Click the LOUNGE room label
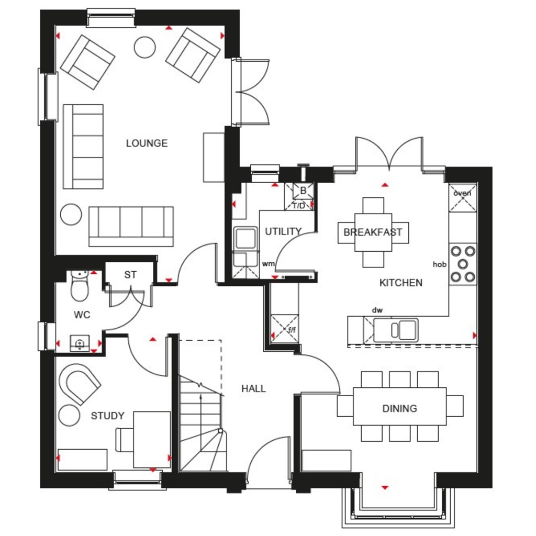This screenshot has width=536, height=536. point(147,143)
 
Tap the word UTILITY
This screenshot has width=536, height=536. point(283,231)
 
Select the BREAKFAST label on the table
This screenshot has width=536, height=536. point(373,232)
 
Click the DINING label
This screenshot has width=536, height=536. point(399,408)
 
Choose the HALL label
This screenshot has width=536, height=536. point(253,389)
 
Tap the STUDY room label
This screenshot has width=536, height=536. point(107,416)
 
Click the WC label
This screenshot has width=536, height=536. point(82,315)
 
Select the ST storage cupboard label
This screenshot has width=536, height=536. point(130,275)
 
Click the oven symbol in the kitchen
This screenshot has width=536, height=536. point(463,198)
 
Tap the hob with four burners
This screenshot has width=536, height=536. point(463,264)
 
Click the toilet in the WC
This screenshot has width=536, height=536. point(80,286)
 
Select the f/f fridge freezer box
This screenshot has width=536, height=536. point(285,329)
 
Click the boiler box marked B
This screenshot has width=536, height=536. point(303,191)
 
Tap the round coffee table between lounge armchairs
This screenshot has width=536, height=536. point(144,48)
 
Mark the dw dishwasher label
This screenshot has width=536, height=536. point(377,310)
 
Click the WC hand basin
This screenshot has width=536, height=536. point(80,343)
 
